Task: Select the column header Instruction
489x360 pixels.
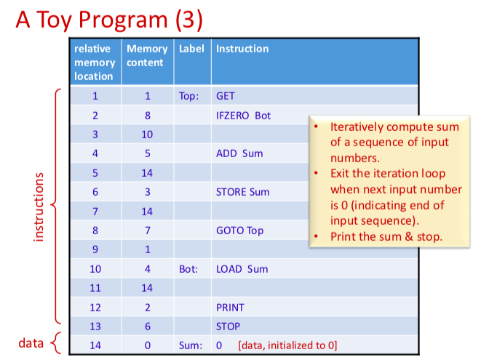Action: click(x=242, y=49)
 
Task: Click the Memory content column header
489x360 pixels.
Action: click(x=147, y=55)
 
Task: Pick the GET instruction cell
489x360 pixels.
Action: click(x=226, y=96)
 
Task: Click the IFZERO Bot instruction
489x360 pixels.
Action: click(x=243, y=116)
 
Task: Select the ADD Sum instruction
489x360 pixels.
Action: click(x=239, y=153)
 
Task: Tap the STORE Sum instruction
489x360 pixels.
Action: click(x=242, y=192)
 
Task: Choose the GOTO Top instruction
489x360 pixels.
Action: click(x=239, y=231)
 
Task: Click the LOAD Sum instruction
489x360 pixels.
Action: click(x=242, y=269)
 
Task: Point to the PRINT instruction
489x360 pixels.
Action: click(x=230, y=308)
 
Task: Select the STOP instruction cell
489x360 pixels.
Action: click(x=228, y=327)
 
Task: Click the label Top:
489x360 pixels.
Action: click(x=188, y=96)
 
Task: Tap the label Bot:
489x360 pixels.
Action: click(x=188, y=269)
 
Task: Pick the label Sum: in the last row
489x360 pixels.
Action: click(x=189, y=345)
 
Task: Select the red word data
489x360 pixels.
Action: click(x=31, y=342)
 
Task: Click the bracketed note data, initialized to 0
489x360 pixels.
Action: click(x=287, y=345)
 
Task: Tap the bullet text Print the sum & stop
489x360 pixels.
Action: click(x=386, y=236)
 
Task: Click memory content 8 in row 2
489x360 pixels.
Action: click(x=147, y=116)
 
